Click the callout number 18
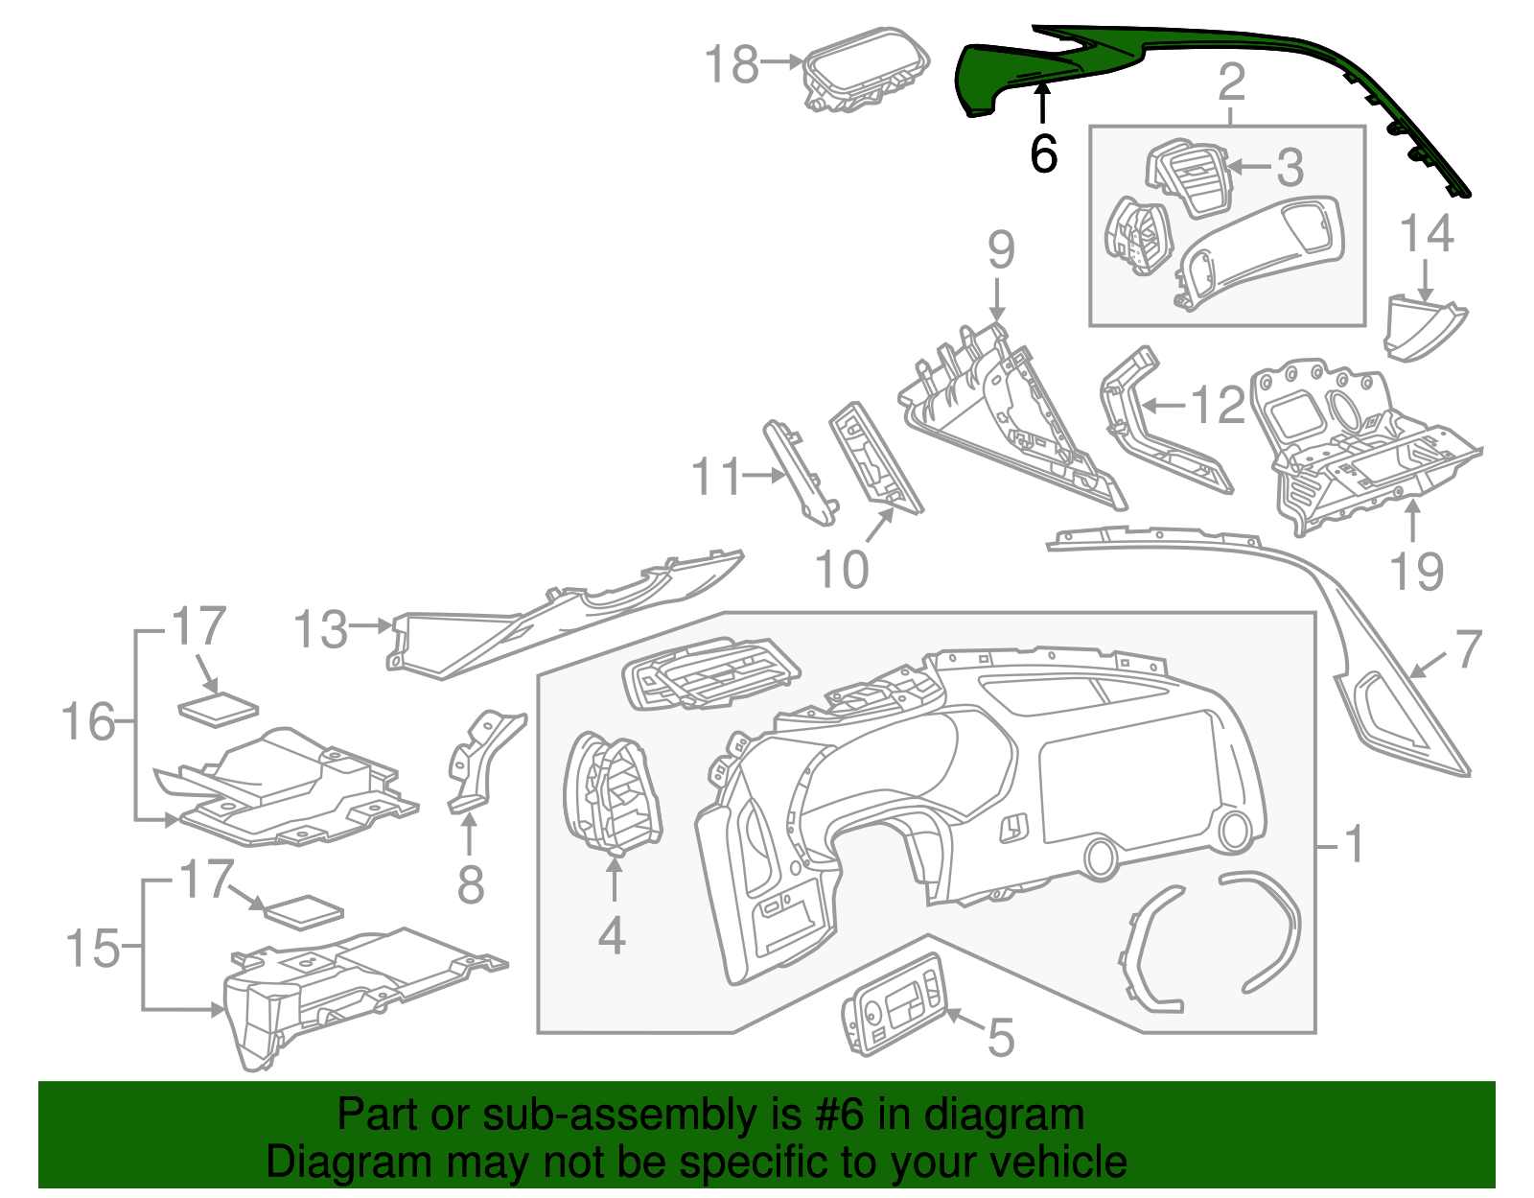pyautogui.click(x=732, y=65)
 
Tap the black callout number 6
pyautogui.click(x=1043, y=153)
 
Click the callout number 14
pyautogui.click(x=1427, y=235)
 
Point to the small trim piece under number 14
pyautogui.click(x=1422, y=329)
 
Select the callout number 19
pyautogui.click(x=1416, y=572)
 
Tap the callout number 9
pyautogui.click(x=1000, y=250)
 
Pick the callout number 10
pyautogui.click(x=841, y=570)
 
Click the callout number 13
pyautogui.click(x=320, y=630)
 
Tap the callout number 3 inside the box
pyautogui.click(x=1290, y=168)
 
